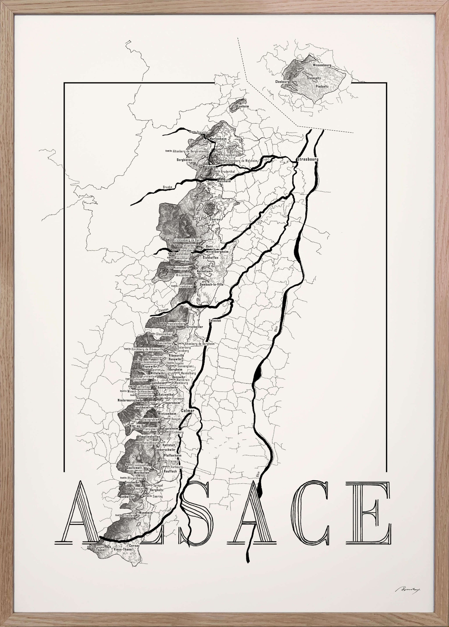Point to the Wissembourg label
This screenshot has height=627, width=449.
(x=322, y=65)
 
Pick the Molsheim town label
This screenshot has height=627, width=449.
(x=224, y=181)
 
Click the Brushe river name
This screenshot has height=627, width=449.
(x=167, y=187)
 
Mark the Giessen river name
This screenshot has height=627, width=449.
(x=163, y=310)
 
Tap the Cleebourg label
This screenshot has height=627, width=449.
(x=282, y=82)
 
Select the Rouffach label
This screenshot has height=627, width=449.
(x=170, y=471)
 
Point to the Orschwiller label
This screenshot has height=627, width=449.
(x=195, y=327)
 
